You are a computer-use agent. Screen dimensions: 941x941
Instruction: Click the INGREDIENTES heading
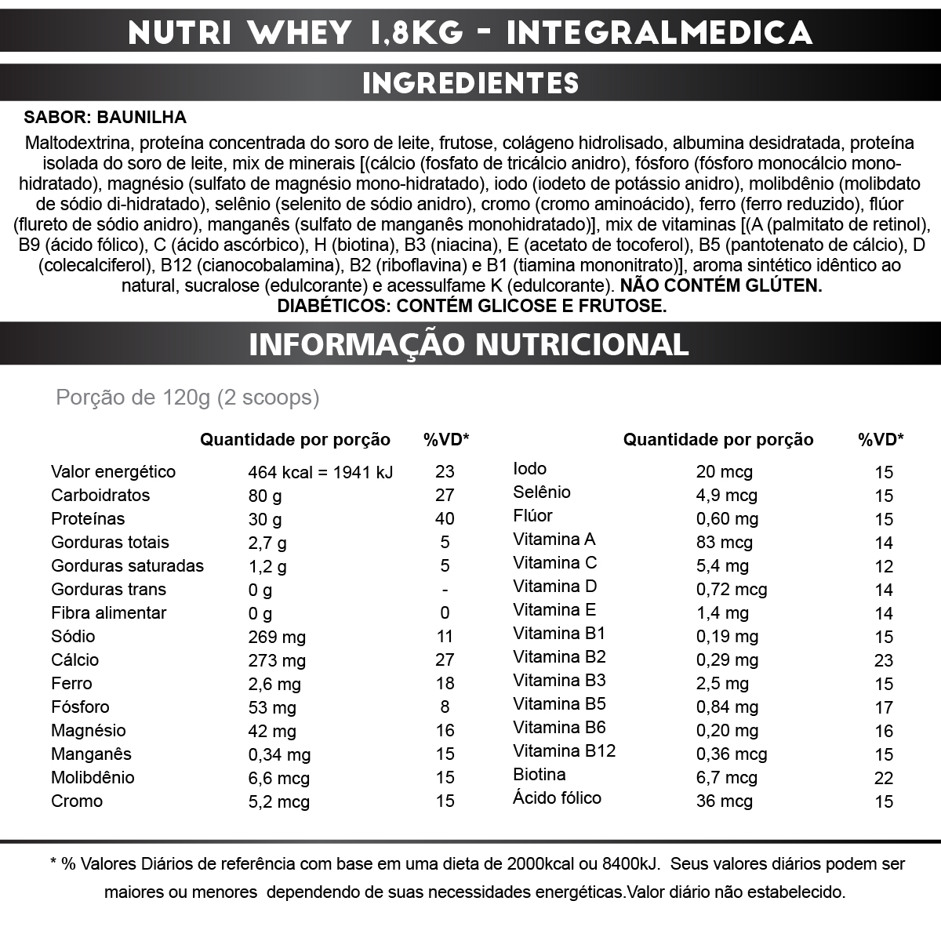click(470, 82)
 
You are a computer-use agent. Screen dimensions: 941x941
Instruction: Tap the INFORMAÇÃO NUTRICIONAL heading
click(469, 343)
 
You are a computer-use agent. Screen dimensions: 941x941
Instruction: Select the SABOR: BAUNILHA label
click(106, 118)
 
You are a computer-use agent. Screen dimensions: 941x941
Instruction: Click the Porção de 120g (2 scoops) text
click(187, 398)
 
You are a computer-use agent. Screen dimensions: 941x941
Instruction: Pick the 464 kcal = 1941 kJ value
click(321, 472)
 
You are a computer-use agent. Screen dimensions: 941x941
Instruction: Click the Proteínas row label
click(88, 518)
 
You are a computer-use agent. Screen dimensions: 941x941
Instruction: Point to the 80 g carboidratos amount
click(265, 496)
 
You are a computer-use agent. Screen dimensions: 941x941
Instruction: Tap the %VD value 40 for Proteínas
click(445, 518)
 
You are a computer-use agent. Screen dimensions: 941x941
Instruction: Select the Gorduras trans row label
click(108, 589)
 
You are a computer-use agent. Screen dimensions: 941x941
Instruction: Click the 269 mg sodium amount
click(277, 637)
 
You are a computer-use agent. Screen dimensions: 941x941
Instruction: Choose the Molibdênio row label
click(93, 777)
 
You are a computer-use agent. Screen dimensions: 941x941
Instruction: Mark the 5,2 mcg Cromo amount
click(278, 801)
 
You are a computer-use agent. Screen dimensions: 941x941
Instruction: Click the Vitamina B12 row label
click(564, 750)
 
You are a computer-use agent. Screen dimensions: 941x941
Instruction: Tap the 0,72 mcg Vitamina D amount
click(732, 590)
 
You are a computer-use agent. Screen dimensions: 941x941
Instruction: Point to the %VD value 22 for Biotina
click(884, 778)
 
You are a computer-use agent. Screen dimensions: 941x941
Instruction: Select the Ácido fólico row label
click(557, 798)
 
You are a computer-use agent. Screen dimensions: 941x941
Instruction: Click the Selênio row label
click(542, 492)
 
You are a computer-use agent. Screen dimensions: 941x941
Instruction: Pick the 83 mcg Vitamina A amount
click(724, 543)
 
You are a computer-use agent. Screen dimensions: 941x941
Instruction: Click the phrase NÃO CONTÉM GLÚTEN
click(721, 285)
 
